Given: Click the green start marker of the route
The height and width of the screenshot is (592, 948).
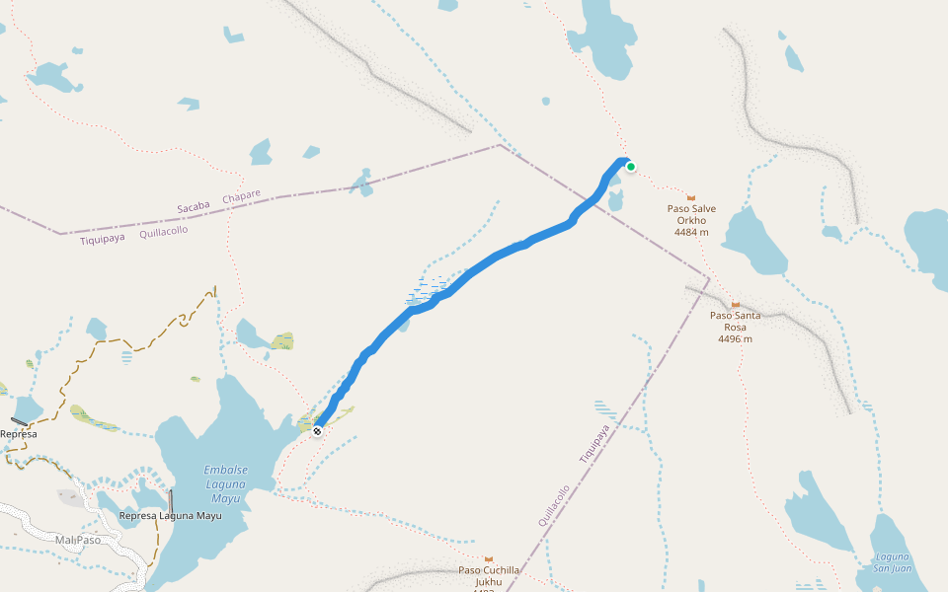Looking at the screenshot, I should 630,167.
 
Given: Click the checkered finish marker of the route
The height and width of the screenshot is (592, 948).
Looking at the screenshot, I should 317,431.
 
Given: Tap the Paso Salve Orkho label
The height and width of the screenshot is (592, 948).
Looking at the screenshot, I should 691,214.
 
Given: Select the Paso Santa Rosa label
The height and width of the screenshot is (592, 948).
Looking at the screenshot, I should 735,321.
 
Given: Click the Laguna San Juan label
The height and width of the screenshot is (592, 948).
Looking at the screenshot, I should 892,562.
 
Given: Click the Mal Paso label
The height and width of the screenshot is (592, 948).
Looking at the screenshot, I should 78,540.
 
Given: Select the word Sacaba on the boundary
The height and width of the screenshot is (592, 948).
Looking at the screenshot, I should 195,207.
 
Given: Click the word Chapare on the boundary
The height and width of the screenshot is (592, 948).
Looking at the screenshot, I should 241,197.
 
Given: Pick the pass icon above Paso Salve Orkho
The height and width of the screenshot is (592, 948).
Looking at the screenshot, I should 691,198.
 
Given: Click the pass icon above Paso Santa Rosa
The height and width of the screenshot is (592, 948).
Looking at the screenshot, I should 735,304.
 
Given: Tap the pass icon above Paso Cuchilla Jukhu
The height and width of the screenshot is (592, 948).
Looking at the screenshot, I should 489,558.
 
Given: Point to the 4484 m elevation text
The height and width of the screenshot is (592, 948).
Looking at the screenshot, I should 691,233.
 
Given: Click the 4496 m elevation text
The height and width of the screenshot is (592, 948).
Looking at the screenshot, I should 735,338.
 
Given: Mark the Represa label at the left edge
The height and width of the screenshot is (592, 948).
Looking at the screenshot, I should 18,434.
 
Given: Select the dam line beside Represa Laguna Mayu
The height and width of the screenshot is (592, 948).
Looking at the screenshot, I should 171,500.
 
